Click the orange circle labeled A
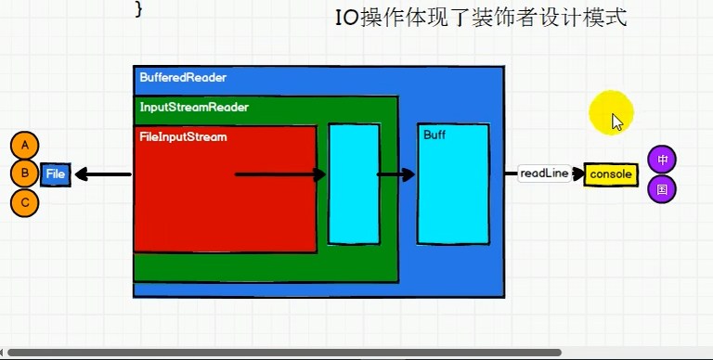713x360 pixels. pos(25,146)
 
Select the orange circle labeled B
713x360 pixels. pos(25,174)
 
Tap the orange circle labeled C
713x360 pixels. pos(25,202)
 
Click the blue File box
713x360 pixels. pos(56,174)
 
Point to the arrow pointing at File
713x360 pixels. pos(102,174)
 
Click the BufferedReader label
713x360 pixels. pos(183,78)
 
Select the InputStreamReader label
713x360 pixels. pos(194,107)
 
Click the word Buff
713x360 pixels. pos(434,135)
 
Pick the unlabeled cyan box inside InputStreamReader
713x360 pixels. pos(354,183)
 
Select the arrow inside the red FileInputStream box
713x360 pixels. pos(279,174)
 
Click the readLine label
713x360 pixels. pos(545,174)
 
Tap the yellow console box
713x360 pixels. pos(611,174)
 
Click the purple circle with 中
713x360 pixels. pos(662,160)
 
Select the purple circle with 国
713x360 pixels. pos(662,189)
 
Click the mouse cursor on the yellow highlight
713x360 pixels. pos(616,121)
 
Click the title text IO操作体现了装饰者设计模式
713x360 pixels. pos(480,18)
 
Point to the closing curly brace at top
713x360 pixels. pos(139,8)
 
